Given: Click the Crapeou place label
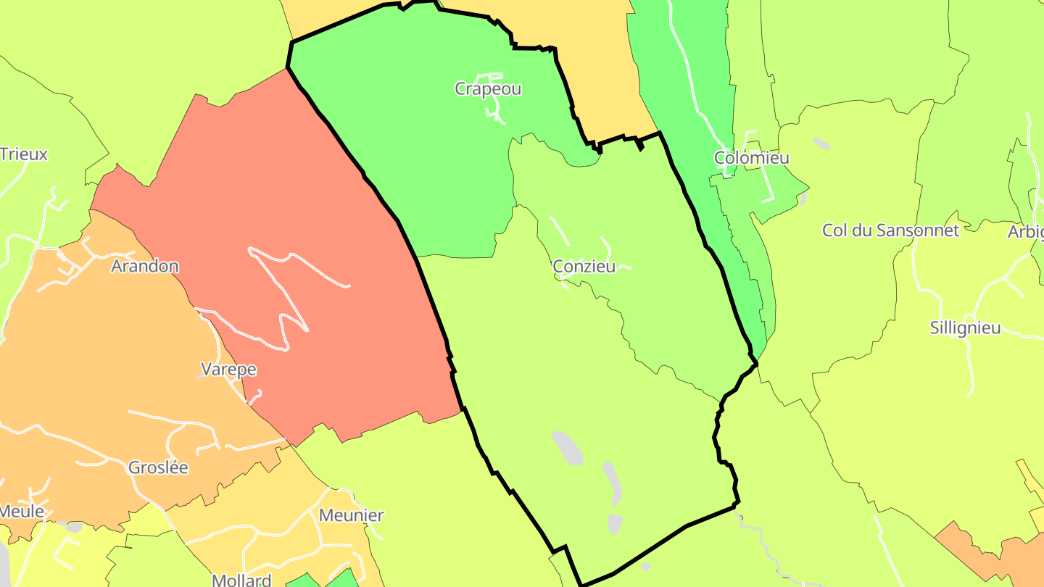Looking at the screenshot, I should pyautogui.click(x=487, y=89).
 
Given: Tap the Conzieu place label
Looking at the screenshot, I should pyautogui.click(x=584, y=267).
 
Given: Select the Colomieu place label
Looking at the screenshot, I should pyautogui.click(x=751, y=158).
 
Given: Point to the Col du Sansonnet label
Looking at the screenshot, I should pyautogui.click(x=890, y=230).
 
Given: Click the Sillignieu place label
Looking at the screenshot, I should pyautogui.click(x=965, y=328).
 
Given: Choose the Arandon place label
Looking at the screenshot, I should pyautogui.click(x=144, y=267).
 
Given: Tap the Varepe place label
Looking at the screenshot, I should pyautogui.click(x=228, y=370).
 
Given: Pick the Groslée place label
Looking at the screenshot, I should pyautogui.click(x=158, y=468).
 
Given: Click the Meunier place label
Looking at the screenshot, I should pyautogui.click(x=351, y=516).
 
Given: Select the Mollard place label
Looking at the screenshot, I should pyautogui.click(x=241, y=580).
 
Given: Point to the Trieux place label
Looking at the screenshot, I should pyautogui.click(x=24, y=154).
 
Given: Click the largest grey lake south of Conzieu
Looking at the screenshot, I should pyautogui.click(x=567, y=448).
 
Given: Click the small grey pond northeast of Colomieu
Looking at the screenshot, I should pyautogui.click(x=821, y=143).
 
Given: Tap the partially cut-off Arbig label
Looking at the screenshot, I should pyautogui.click(x=1027, y=232).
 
